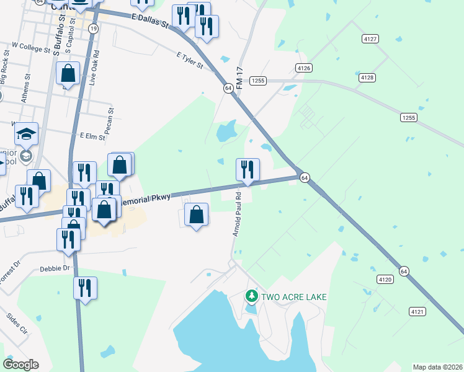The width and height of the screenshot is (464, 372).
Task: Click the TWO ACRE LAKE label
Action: point(293,297)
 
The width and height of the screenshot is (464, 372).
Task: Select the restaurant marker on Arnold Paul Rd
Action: point(248,170)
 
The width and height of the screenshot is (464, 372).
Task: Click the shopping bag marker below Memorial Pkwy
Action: point(197,216)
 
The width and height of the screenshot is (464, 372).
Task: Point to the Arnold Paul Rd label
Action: point(236,213)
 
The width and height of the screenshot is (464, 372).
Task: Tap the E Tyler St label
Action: point(190,60)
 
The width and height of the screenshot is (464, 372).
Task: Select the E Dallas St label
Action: point(150,22)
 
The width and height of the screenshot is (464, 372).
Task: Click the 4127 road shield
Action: point(370,38)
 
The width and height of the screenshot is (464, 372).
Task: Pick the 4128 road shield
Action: point(367,77)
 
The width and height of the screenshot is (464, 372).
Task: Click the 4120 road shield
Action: point(385,280)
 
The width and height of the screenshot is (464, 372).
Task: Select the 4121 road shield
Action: point(417,311)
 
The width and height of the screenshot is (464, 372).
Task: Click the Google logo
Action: point(20,365)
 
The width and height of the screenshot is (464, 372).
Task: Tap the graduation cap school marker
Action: point(27,134)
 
